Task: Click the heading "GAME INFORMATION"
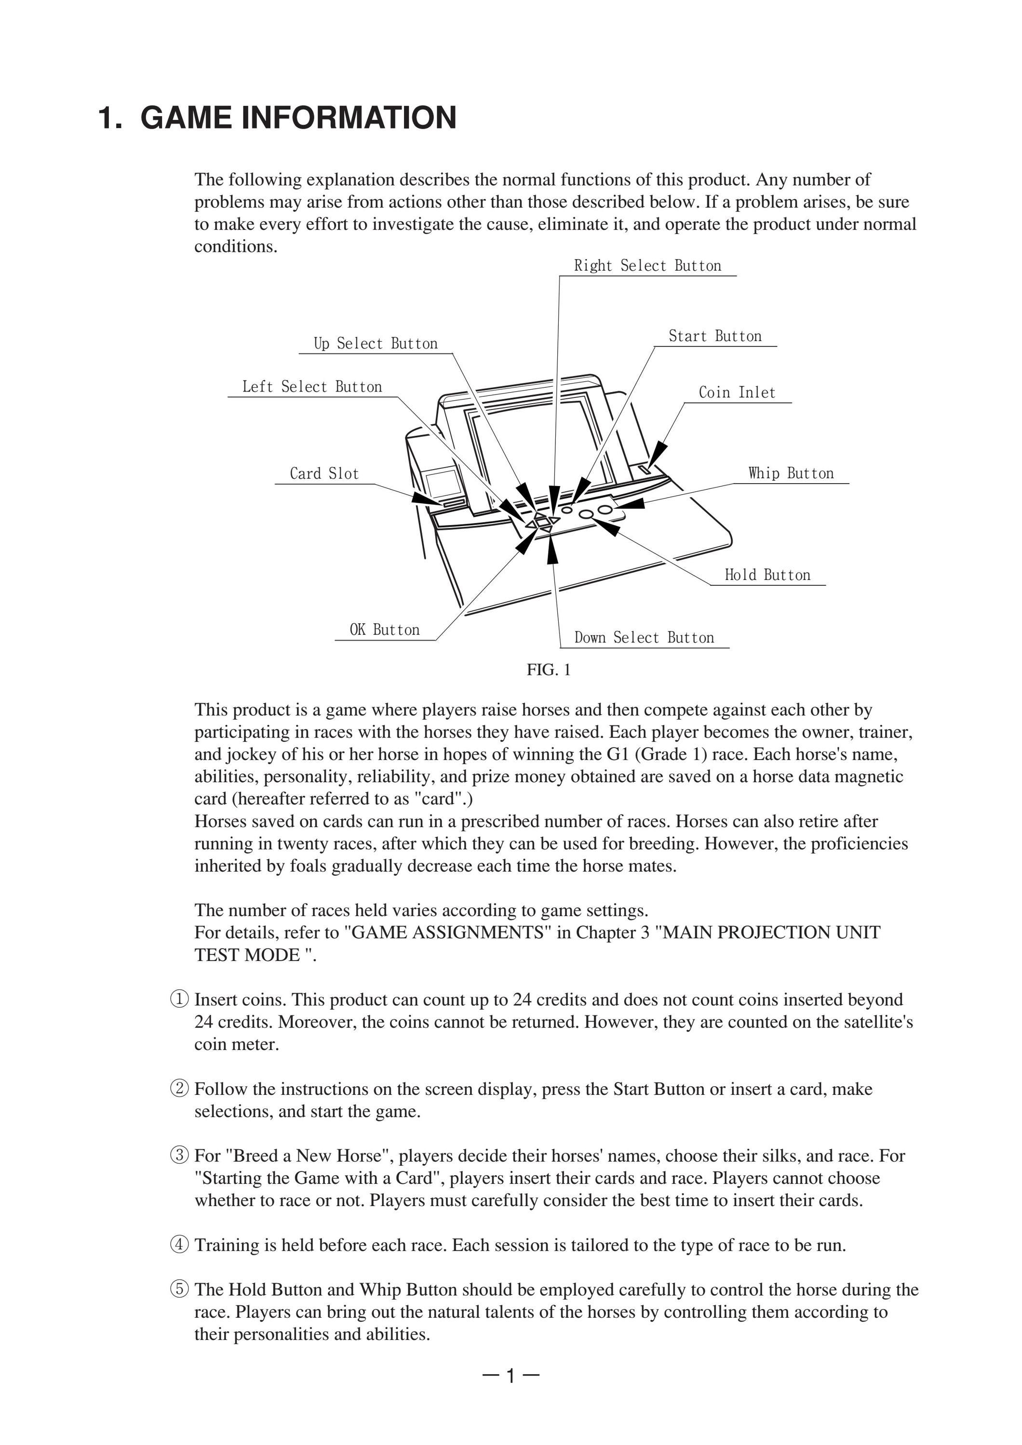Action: click(x=298, y=118)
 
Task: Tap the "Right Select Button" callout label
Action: click(x=647, y=265)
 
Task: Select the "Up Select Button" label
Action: click(x=376, y=343)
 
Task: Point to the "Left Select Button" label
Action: click(x=312, y=386)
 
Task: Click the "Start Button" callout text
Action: click(x=715, y=336)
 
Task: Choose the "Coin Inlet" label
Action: click(x=737, y=392)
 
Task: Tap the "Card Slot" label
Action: click(x=324, y=473)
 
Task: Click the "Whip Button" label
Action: click(x=791, y=473)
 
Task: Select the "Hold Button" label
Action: click(x=767, y=575)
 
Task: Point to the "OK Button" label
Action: click(x=384, y=630)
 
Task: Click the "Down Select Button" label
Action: click(x=644, y=638)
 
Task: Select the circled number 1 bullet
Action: click(x=179, y=999)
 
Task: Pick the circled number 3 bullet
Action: click(x=179, y=1155)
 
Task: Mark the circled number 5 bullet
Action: click(x=179, y=1289)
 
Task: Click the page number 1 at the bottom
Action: click(x=511, y=1377)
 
